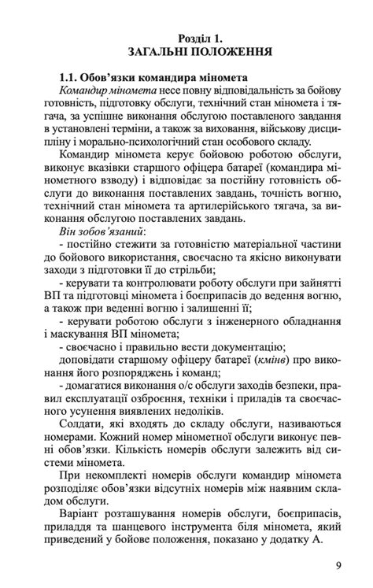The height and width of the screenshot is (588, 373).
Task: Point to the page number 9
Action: click(x=338, y=565)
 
